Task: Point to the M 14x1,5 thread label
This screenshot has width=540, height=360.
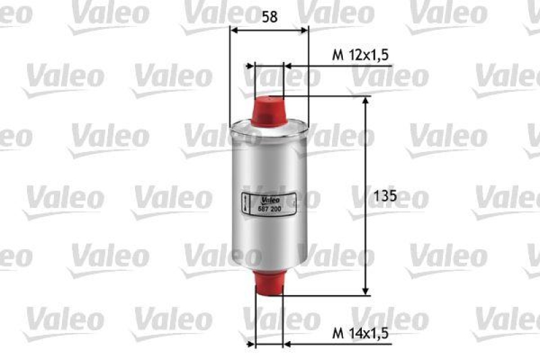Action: [x=361, y=333]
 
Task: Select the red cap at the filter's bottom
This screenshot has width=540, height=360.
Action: [x=269, y=281]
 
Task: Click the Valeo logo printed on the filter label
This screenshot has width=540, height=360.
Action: [x=269, y=200]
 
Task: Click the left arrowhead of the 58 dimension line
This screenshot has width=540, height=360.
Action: [x=234, y=30]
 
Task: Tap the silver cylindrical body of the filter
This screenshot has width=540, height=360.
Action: [x=269, y=169]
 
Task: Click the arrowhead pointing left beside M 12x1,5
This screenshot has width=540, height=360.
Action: [x=288, y=66]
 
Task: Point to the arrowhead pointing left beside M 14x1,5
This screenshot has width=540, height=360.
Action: [x=288, y=344]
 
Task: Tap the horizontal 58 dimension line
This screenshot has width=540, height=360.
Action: [x=269, y=30]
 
